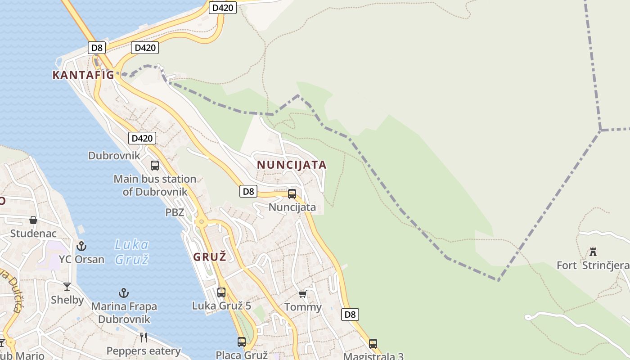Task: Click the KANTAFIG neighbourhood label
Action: click(x=83, y=75)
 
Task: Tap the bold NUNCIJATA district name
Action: click(x=292, y=165)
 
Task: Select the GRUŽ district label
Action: click(x=210, y=257)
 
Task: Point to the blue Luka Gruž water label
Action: click(x=131, y=252)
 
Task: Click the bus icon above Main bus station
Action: click(x=155, y=166)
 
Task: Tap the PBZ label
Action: click(x=175, y=212)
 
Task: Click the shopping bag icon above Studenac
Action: click(x=33, y=220)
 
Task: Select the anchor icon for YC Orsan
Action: click(x=81, y=246)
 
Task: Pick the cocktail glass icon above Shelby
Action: click(x=67, y=286)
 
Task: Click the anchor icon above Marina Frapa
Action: click(x=124, y=293)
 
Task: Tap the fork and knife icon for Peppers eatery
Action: click(x=144, y=337)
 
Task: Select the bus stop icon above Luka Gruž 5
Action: click(x=221, y=292)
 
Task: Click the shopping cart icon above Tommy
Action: click(x=303, y=294)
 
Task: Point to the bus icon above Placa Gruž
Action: click(x=242, y=342)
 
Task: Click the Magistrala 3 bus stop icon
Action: click(x=373, y=344)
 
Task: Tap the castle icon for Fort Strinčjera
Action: click(x=593, y=252)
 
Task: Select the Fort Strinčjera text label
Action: click(x=593, y=265)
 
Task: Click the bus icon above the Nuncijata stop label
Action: click(x=292, y=194)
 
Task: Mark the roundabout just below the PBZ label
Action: click(x=201, y=222)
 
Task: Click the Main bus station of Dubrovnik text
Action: click(x=155, y=185)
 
